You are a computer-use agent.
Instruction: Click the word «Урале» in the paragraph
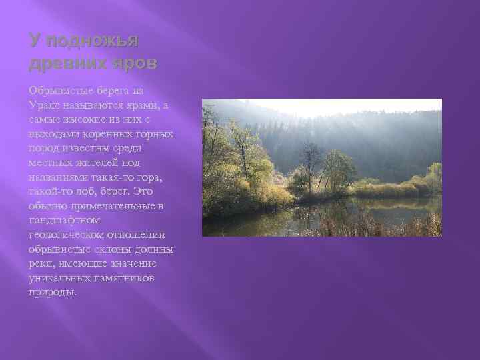43,105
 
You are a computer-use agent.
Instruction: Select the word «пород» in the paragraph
42,148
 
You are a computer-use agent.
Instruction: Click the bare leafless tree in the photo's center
310,163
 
